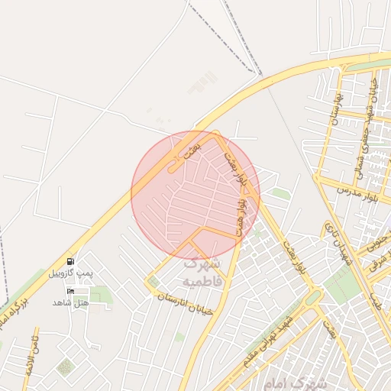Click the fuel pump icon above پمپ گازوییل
pos(71,261)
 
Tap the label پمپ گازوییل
pos(70,273)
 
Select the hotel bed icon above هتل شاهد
pos(71,291)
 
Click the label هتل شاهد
pos(70,302)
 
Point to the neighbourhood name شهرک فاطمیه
pos(201,273)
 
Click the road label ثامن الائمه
pos(31,352)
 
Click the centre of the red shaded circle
pos(195,194)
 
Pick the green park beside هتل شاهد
pos(102,294)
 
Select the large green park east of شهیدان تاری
pos(341,284)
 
